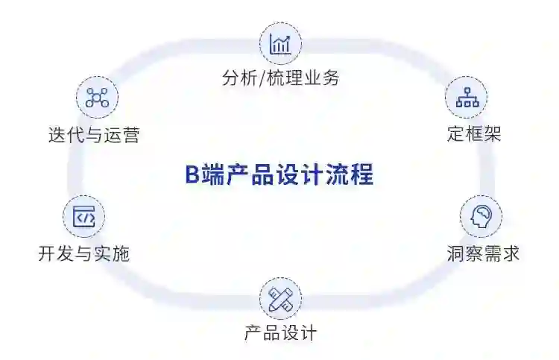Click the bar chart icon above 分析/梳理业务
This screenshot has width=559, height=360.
pyautogui.click(x=280, y=43)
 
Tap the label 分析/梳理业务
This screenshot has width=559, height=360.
pyautogui.click(x=280, y=78)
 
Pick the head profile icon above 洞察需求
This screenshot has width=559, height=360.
pyautogui.click(x=481, y=217)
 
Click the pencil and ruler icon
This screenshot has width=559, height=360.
pyautogui.click(x=280, y=300)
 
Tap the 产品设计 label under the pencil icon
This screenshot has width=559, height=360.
pyautogui.click(x=280, y=333)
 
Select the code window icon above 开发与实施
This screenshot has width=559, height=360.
pyautogui.click(x=83, y=217)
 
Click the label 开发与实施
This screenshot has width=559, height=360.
pyautogui.click(x=83, y=253)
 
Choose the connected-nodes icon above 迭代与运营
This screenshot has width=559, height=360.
pyautogui.click(x=97, y=98)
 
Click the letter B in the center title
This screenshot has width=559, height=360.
pyautogui.click(x=191, y=176)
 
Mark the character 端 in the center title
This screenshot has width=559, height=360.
pyautogui.click(x=209, y=176)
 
